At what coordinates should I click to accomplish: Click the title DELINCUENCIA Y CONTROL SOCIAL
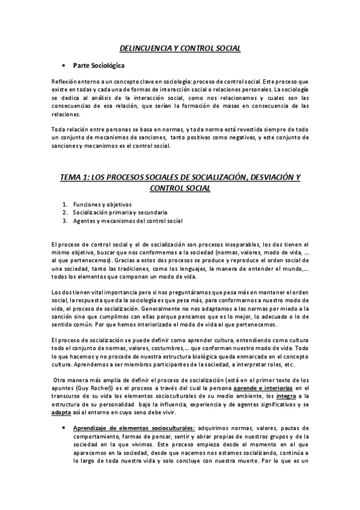click(180, 48)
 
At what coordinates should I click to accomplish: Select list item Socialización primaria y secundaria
click(120, 213)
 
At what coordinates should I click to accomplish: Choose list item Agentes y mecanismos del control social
click(127, 221)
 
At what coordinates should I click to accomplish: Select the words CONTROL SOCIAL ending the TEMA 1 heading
click(180, 188)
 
